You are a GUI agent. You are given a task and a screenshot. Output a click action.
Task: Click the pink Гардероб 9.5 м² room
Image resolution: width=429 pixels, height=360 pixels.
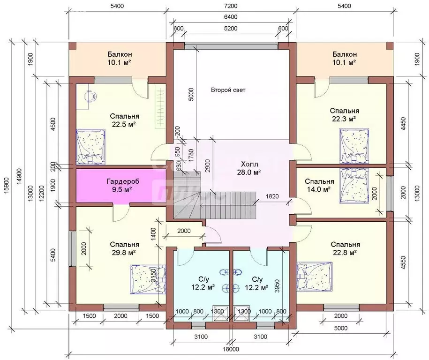(x=121, y=186)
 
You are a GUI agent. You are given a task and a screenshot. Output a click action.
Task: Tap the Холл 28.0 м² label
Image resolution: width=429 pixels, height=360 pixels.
(x=250, y=168)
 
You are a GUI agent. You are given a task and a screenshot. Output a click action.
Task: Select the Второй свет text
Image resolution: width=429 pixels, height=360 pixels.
(x=228, y=90)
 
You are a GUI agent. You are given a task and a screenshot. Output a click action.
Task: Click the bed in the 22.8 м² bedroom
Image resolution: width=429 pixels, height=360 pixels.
(x=315, y=277)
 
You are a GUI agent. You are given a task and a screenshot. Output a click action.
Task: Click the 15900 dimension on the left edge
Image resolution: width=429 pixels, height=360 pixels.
(x=8, y=187)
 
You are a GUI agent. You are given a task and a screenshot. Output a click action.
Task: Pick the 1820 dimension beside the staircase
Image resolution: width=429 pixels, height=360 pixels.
(x=272, y=196)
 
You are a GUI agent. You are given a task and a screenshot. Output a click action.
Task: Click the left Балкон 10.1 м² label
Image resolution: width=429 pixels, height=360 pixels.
(x=119, y=58)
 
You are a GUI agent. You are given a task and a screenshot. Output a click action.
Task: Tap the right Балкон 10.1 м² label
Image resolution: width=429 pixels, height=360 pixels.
(x=345, y=58)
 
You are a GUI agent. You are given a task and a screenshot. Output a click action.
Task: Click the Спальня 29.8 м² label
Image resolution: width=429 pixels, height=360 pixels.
(x=125, y=248)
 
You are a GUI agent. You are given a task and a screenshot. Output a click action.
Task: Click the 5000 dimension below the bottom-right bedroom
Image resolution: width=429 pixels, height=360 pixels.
(x=341, y=328)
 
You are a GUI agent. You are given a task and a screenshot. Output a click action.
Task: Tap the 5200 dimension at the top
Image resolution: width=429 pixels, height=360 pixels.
(x=230, y=29)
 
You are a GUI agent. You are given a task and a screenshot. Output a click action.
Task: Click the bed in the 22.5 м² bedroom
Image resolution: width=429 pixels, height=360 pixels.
(x=90, y=147)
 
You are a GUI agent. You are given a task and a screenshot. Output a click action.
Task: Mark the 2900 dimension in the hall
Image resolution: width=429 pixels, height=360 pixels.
(x=209, y=165)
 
